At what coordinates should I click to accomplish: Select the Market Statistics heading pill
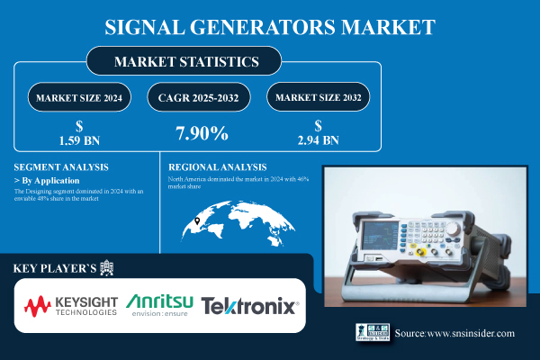185,62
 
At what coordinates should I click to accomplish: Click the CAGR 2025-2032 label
201,97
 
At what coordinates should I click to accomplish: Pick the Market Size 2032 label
318,97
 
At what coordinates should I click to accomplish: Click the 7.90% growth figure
200,134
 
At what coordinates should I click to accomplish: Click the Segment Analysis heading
62,167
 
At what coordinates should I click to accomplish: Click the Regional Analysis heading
219,167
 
